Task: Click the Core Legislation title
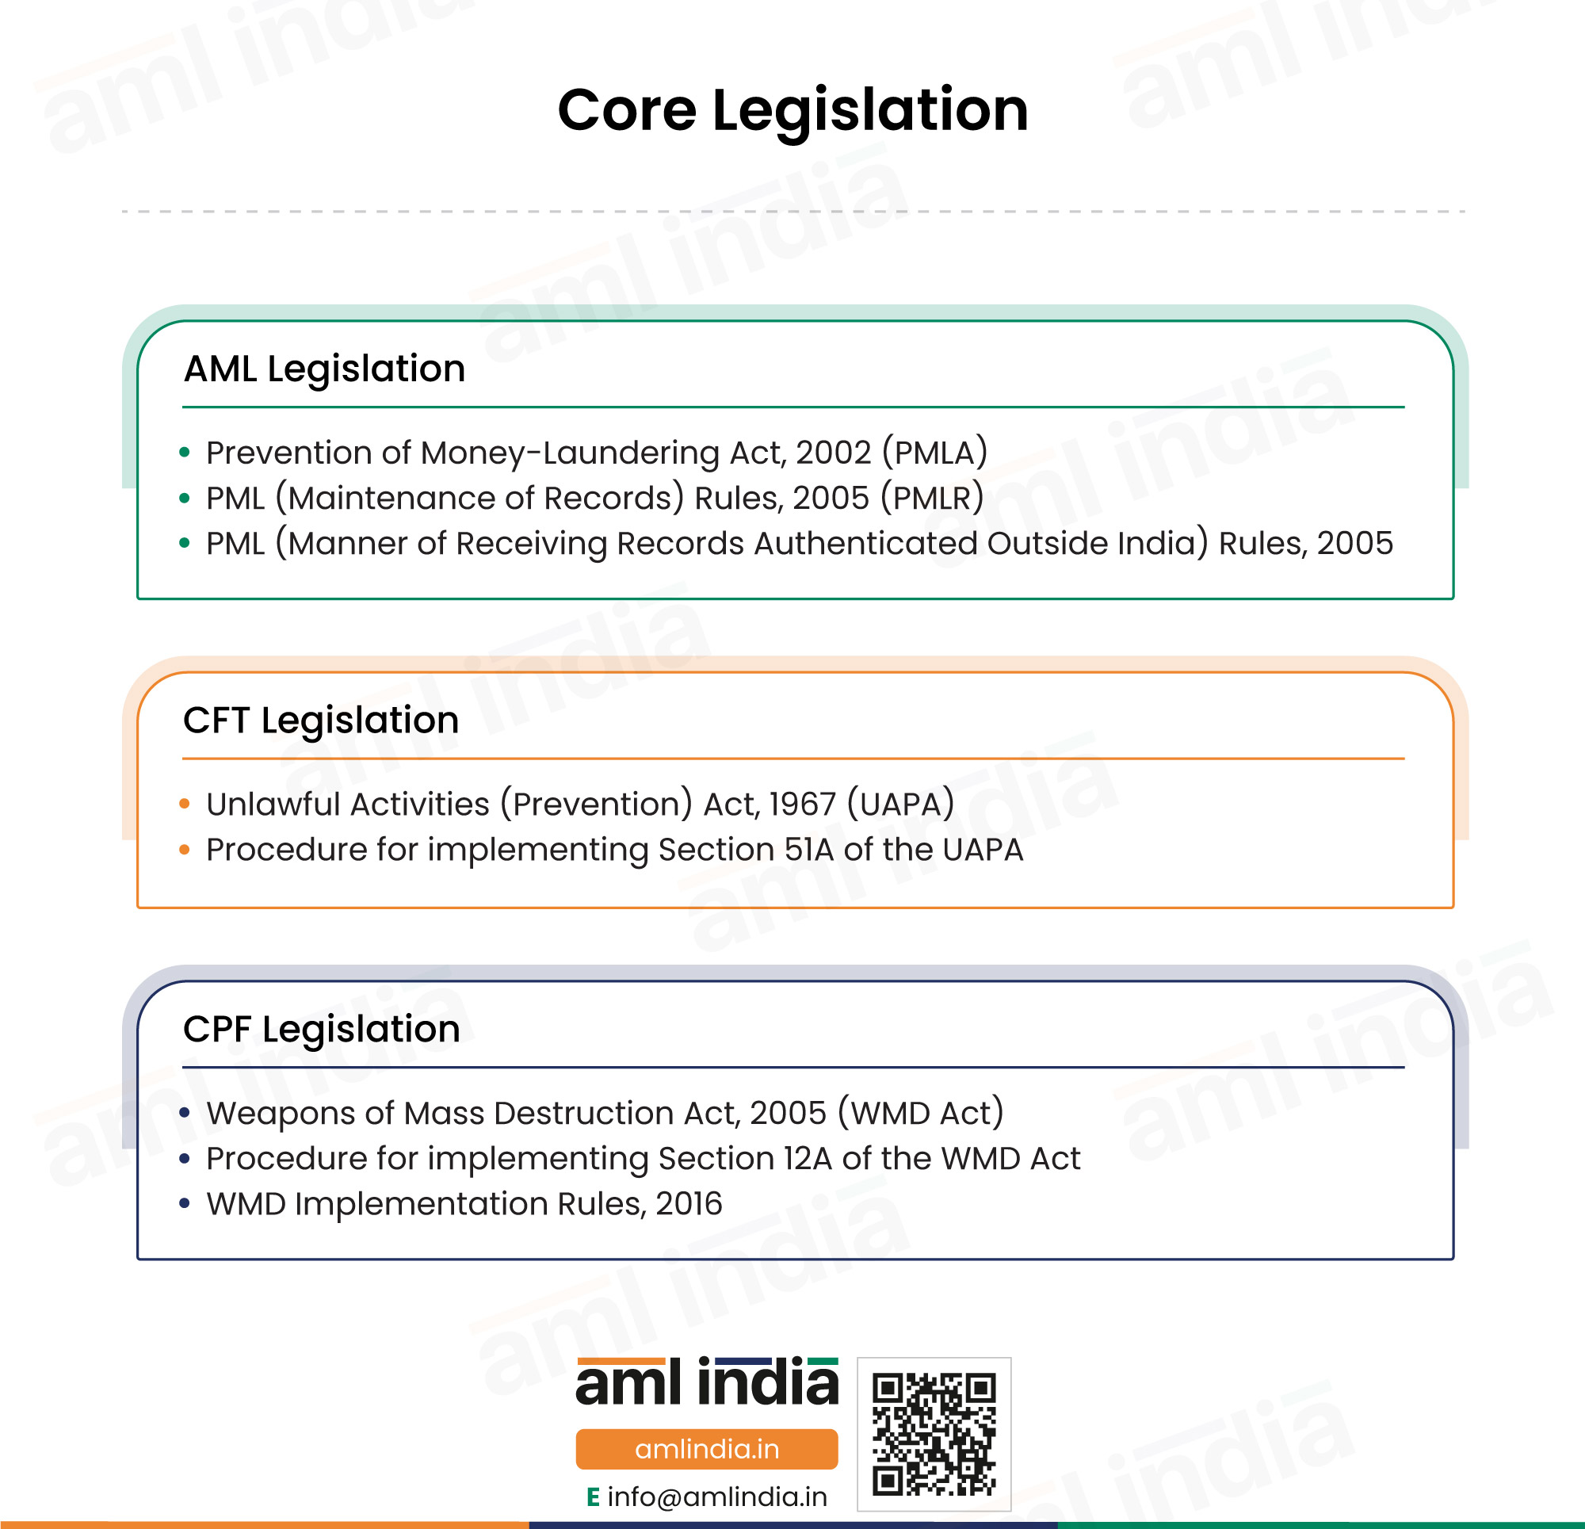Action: pyautogui.click(x=792, y=112)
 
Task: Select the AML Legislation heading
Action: pyautogui.click(x=324, y=369)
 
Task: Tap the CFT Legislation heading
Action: pyautogui.click(x=321, y=721)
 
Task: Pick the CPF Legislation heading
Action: pyautogui.click(x=322, y=1030)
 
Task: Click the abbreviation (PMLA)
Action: pyautogui.click(x=935, y=453)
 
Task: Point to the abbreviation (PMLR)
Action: pyautogui.click(x=933, y=498)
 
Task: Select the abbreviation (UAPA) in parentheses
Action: pyautogui.click(x=901, y=805)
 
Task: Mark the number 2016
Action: pyautogui.click(x=689, y=1204)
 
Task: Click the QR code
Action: pyautogui.click(x=934, y=1435)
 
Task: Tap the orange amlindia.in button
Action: pyautogui.click(x=707, y=1449)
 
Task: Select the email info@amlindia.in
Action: pyautogui.click(x=717, y=1497)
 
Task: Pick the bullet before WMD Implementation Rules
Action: pyautogui.click(x=185, y=1204)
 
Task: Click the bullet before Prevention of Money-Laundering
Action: pyautogui.click(x=185, y=453)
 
